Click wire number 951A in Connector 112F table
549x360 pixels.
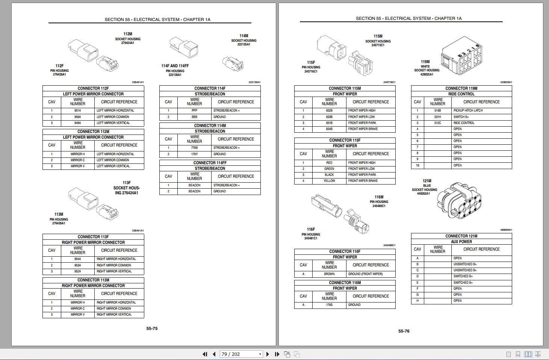[x=78, y=110]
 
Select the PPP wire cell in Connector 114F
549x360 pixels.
[x=194, y=110]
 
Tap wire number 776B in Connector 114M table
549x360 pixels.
[x=194, y=148]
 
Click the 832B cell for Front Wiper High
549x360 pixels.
[x=329, y=110]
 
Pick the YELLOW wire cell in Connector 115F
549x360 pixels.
[x=329, y=181]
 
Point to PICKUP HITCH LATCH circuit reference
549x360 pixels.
[x=468, y=110]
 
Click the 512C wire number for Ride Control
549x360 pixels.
[x=437, y=123]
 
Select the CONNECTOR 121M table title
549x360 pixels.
[x=461, y=236]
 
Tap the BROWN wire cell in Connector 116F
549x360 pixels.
[x=329, y=274]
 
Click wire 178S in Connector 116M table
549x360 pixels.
[x=329, y=305]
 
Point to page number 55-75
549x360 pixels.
[x=152, y=328]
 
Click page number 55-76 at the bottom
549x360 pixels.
[x=404, y=331]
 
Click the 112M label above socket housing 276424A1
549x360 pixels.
[x=128, y=34]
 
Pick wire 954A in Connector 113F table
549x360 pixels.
[x=78, y=259]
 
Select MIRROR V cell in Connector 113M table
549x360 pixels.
[x=78, y=315]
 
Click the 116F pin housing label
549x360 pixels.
[x=311, y=229]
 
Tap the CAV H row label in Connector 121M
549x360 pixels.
[x=417, y=301]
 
